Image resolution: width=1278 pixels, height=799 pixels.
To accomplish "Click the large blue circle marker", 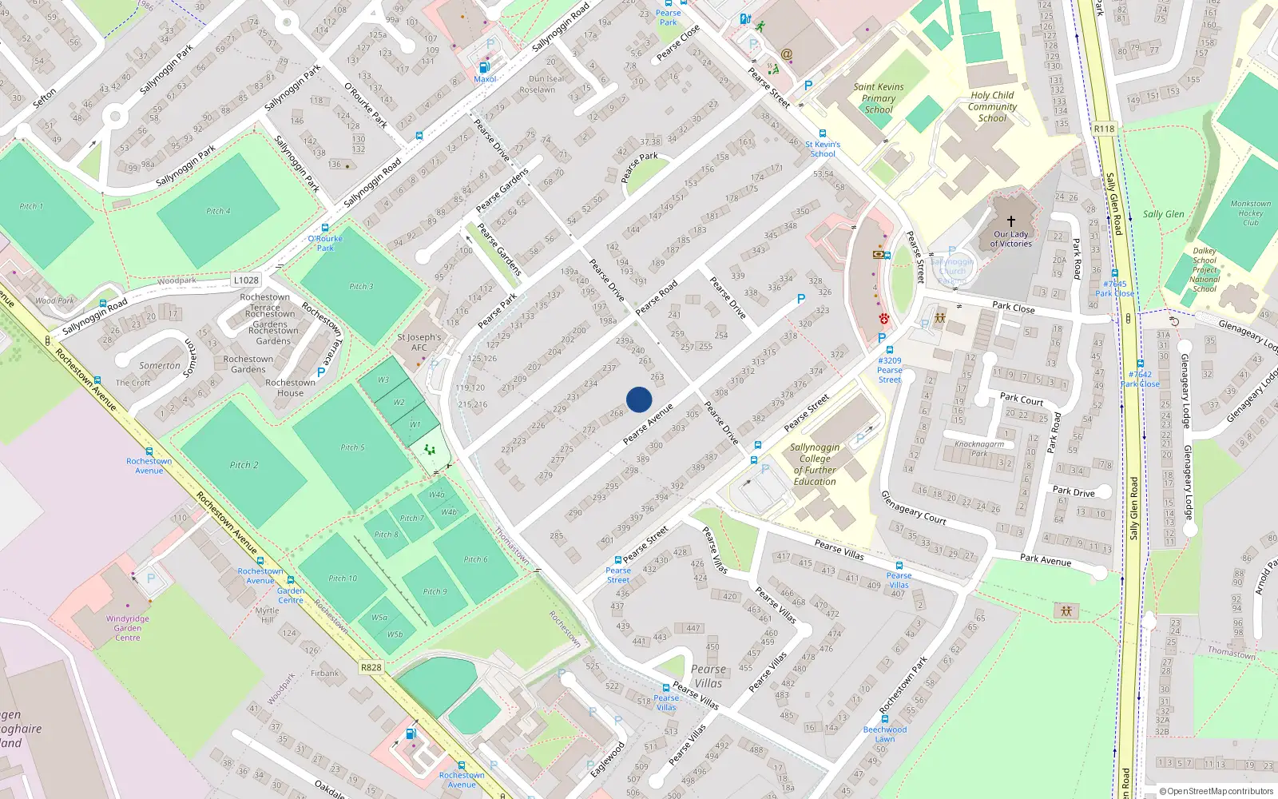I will point(639,399).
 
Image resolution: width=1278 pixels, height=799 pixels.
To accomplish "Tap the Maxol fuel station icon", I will point(483,68).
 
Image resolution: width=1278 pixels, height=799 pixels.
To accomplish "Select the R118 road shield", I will point(1104,129).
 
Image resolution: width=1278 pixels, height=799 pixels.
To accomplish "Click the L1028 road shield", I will point(246,280).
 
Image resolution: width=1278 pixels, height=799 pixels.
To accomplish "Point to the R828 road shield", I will point(371,667).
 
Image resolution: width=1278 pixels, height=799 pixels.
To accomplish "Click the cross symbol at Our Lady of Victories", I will point(1011,221).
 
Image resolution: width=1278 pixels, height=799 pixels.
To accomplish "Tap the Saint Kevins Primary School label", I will point(879,98).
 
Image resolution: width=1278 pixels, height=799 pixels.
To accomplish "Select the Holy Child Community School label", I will point(992,106).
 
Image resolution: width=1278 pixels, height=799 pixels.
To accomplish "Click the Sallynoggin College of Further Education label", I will point(815,464).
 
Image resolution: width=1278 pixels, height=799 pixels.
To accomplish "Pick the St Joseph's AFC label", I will point(419,342).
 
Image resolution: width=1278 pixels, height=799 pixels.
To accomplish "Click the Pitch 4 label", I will point(218,211).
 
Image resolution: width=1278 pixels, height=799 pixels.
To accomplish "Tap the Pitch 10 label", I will point(343,578).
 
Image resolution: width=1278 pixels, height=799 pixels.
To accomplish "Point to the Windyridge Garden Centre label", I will point(128,628).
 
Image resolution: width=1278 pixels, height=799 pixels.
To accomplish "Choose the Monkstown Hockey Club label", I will point(1250,213).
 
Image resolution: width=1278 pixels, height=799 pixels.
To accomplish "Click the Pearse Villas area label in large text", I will point(708,676).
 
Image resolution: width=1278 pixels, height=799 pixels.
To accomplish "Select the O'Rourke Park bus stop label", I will point(325,243).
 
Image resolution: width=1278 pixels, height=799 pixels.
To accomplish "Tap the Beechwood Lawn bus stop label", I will point(885,733).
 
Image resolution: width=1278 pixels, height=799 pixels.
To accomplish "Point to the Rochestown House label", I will point(290,388).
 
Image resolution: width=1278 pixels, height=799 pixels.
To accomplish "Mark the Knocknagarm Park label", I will point(979,448).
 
